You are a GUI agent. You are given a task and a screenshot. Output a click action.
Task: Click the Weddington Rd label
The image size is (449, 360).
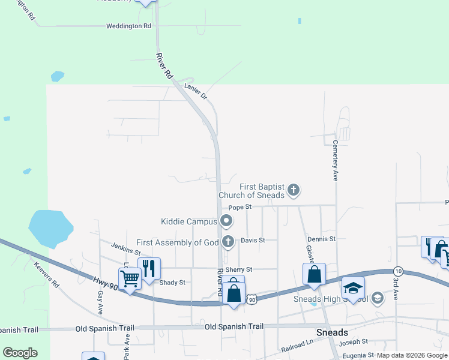(x=128, y=26)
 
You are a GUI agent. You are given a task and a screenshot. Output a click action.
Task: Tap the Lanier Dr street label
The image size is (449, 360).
(x=196, y=91)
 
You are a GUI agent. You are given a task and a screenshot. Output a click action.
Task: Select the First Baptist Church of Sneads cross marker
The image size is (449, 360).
(x=294, y=191)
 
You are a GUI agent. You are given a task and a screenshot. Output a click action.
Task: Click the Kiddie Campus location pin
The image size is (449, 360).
(x=227, y=221)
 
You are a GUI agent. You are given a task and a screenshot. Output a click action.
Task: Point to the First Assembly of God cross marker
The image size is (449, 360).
(x=228, y=242)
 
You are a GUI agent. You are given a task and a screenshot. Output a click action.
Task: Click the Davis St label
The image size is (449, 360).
(x=253, y=240)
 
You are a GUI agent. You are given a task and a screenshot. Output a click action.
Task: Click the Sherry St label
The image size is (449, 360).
(x=238, y=269)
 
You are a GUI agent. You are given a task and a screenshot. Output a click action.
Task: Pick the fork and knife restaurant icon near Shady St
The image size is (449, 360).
(x=148, y=268)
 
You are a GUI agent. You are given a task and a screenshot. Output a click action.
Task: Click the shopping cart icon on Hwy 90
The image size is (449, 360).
(x=129, y=278)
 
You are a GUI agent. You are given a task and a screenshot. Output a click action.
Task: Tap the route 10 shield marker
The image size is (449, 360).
(x=398, y=272)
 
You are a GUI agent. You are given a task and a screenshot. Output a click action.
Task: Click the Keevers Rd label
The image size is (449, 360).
(x=47, y=274)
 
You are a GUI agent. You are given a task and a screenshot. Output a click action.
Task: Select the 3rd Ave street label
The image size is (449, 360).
(x=396, y=285)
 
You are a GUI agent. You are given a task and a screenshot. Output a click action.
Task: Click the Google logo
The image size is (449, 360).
(x=20, y=353)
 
